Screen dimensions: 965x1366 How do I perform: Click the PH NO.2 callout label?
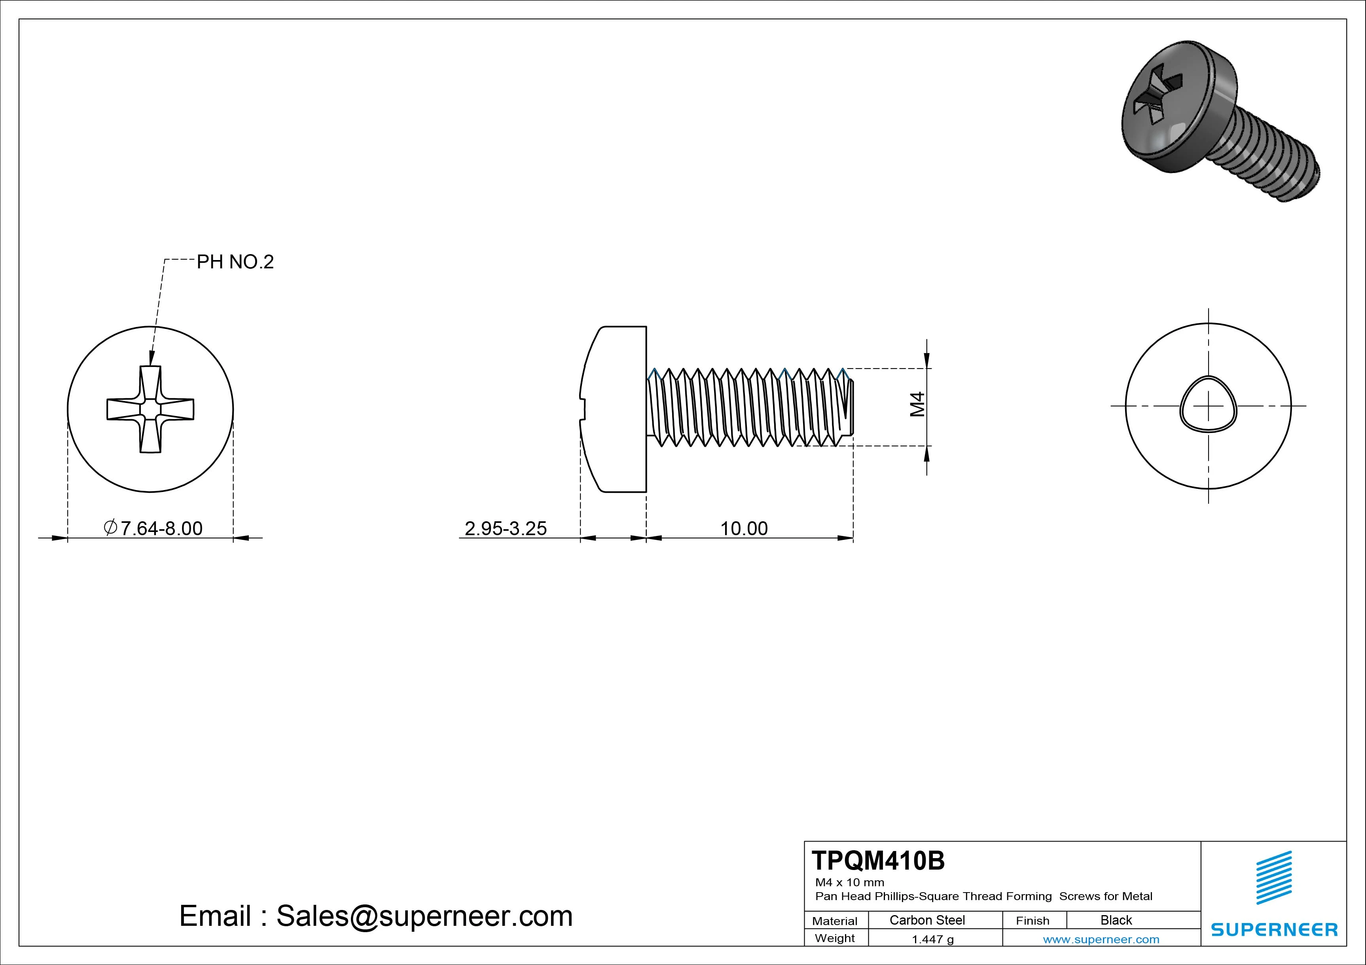click(235, 262)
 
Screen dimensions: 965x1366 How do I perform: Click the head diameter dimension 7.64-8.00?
click(153, 528)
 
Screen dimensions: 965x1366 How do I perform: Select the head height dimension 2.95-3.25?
click(505, 528)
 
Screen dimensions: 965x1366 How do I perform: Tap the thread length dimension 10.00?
click(744, 528)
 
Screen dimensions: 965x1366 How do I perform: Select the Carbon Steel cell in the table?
click(927, 920)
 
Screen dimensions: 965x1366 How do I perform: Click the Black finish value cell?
click(1116, 920)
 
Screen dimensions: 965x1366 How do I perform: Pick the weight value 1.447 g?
click(932, 939)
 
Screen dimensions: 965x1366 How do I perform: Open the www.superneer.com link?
click(1101, 939)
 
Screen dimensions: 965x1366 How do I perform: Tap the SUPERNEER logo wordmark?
click(1274, 929)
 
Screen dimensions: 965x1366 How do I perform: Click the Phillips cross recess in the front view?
click(150, 409)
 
